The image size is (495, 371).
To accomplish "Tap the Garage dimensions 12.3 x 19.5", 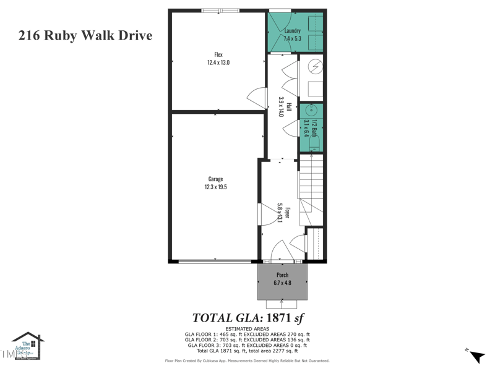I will [216, 187].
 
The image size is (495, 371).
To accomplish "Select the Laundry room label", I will [292, 31].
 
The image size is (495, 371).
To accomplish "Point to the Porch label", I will [282, 275].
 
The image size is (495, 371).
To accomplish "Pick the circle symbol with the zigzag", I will [314, 65].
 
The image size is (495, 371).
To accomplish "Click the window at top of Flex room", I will [220, 10].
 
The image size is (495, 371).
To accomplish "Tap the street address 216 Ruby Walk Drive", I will [85, 35].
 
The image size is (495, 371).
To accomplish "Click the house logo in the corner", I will [28, 346].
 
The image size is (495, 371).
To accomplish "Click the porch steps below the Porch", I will [282, 304].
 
